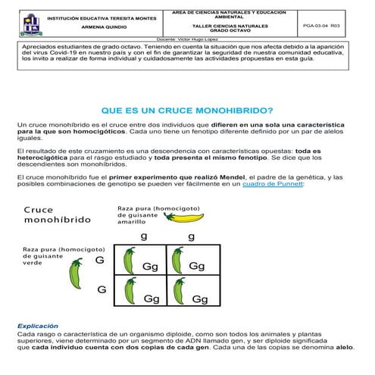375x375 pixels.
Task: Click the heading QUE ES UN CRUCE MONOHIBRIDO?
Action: pos(187,110)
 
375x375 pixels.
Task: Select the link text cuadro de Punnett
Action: pos(271,184)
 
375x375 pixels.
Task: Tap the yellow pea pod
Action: pos(184,217)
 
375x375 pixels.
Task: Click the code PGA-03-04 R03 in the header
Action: pos(325,25)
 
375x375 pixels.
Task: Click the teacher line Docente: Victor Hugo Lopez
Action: pos(187,38)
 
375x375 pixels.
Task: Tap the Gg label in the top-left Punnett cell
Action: pos(150,267)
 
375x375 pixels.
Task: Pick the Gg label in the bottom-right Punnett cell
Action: pos(199,299)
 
